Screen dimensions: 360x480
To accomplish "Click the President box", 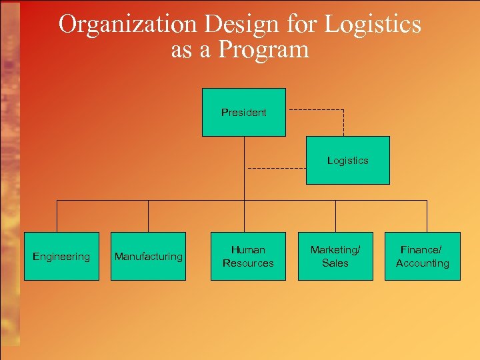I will point(244,112).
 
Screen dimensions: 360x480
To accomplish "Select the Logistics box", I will point(347,160).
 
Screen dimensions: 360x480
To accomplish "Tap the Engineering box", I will point(61,256).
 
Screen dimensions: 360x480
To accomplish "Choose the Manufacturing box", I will point(148,256).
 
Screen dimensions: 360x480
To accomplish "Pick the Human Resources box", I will point(248,256).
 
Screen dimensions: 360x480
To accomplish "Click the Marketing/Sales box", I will point(335,256).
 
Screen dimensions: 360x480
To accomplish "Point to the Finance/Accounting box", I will point(422,256).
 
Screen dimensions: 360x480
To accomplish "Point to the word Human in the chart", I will point(248,250).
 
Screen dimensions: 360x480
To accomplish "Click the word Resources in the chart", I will point(248,263).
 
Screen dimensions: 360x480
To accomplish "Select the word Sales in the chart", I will point(335,263).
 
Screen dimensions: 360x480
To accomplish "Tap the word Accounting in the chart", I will point(422,263).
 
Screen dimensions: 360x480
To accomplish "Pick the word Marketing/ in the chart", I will point(335,250).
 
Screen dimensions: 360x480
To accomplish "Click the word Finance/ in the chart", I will point(421,250).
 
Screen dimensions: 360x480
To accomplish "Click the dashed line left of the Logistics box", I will point(275,169).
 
